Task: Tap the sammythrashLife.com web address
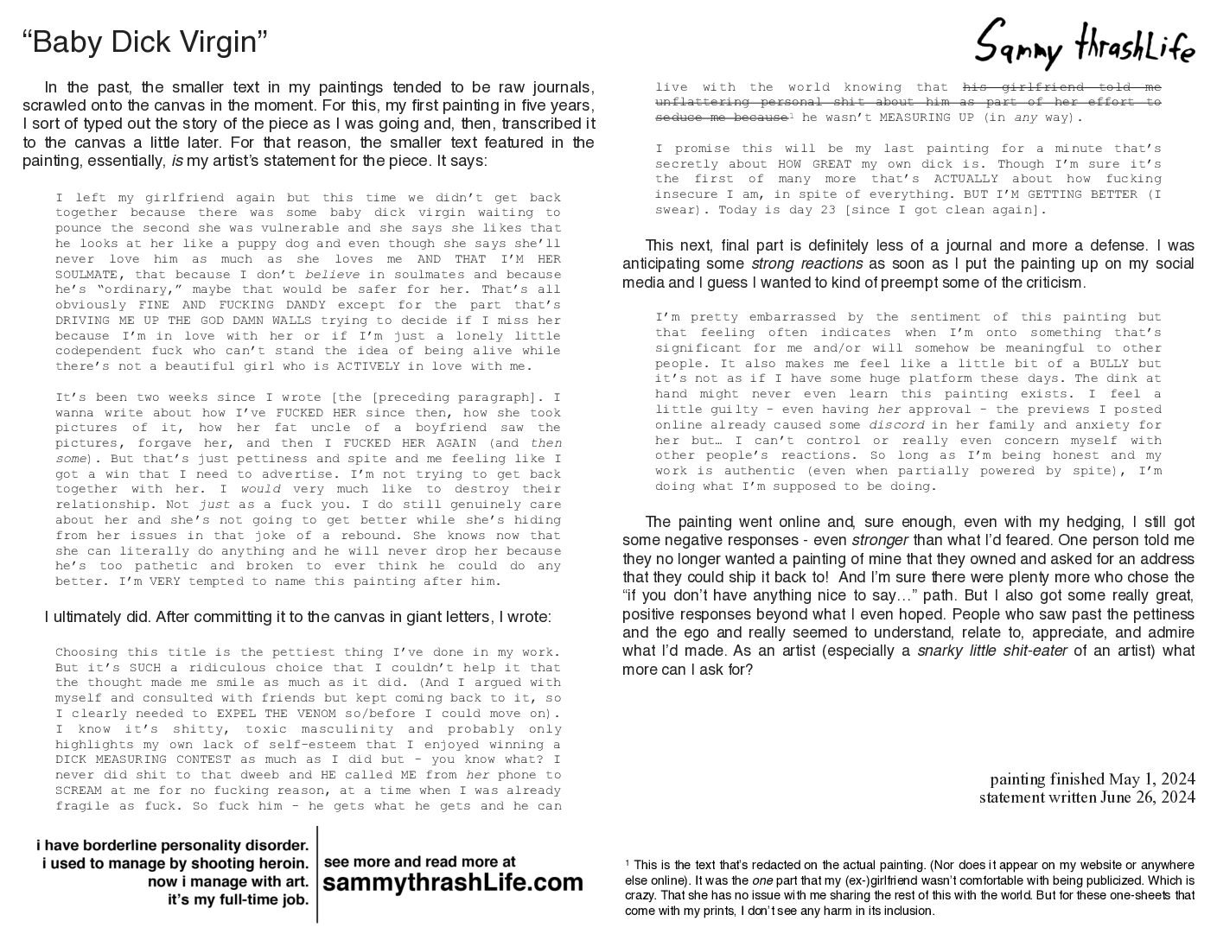(453, 883)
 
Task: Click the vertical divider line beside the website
(316, 874)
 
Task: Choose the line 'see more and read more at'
(419, 861)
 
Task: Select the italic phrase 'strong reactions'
(806, 264)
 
